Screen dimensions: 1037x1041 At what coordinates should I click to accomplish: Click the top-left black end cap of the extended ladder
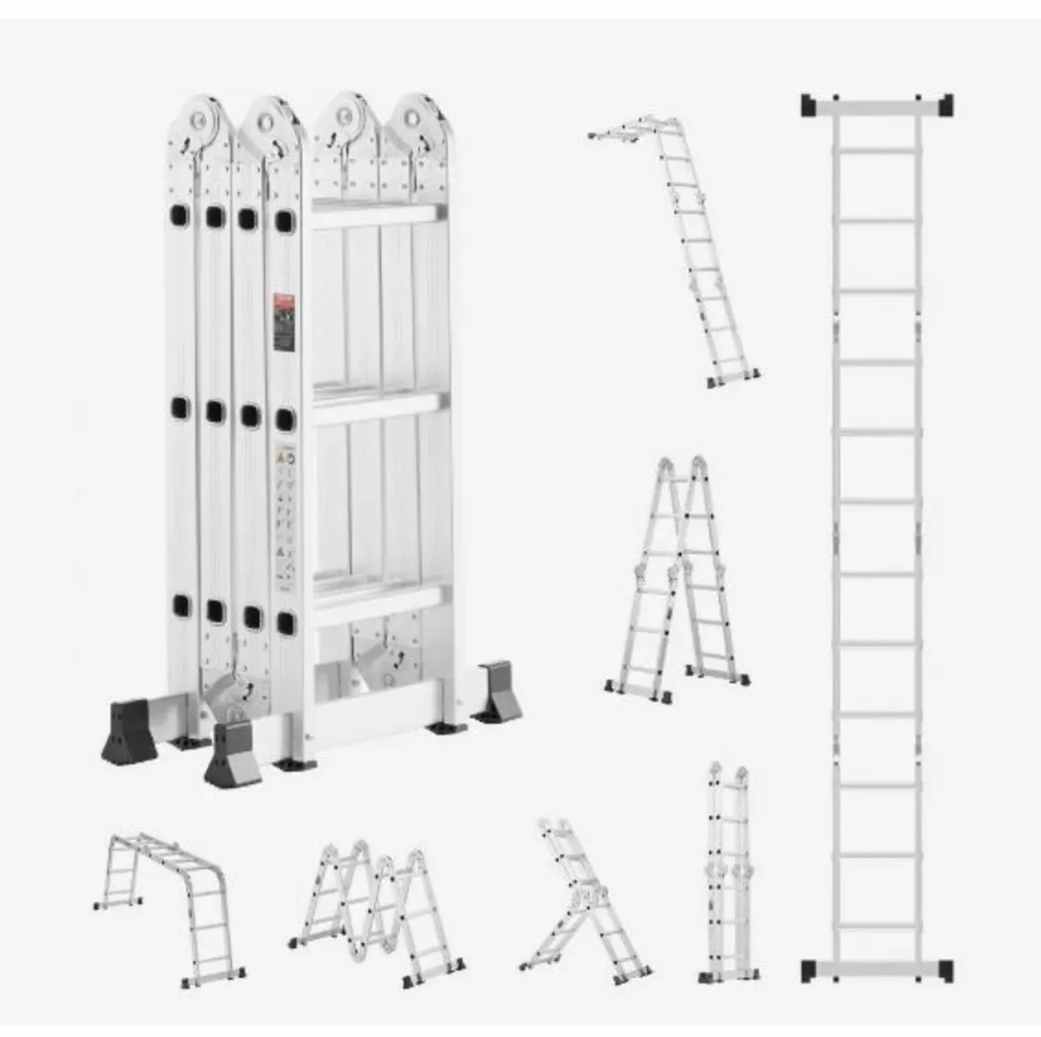coord(809,105)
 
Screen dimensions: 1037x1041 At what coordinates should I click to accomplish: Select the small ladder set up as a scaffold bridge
coord(169,893)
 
